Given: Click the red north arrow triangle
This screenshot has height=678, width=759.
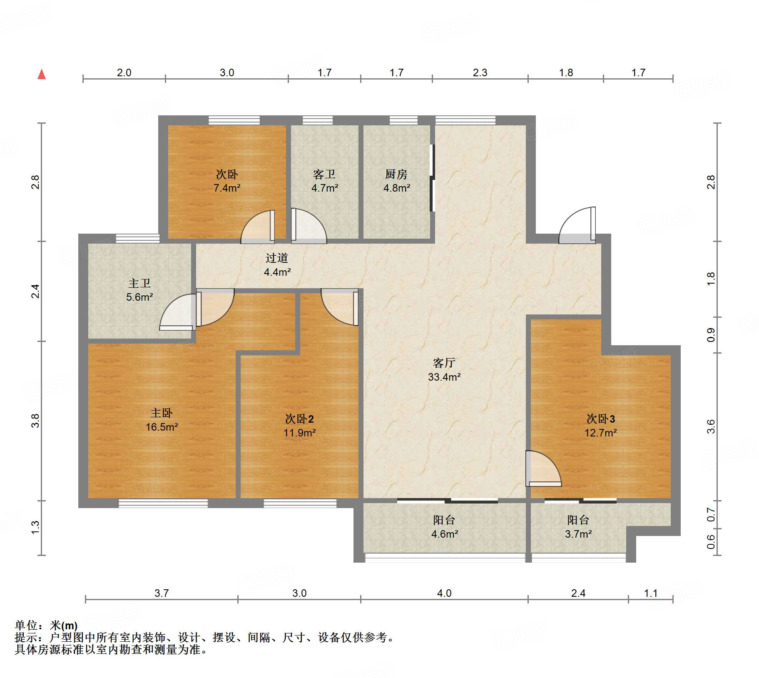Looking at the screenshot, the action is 42,74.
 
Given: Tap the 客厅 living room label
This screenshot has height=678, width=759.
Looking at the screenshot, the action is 444,363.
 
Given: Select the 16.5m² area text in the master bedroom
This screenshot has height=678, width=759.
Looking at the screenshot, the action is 162,427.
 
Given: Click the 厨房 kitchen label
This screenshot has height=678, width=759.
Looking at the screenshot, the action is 396,174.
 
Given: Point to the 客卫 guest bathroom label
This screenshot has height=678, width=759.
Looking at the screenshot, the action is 324,174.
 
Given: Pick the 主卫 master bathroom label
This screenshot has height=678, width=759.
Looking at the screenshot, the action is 139,283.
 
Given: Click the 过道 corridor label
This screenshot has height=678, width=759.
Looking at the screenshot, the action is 277,258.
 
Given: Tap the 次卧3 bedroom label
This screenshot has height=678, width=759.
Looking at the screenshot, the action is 601,419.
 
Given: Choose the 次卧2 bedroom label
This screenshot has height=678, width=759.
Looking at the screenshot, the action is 299,419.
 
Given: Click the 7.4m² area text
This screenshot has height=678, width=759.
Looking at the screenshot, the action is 227,188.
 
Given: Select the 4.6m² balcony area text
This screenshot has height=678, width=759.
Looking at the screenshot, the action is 445,534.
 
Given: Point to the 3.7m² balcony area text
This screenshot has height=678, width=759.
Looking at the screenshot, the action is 578,534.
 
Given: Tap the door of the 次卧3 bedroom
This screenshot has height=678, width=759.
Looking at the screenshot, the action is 543,469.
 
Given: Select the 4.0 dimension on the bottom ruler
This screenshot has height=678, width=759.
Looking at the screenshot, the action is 444,593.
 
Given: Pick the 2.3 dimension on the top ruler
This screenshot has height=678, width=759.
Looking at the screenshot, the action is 480,72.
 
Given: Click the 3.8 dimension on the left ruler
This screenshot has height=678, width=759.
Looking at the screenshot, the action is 35,420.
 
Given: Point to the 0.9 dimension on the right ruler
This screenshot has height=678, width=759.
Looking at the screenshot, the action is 711,335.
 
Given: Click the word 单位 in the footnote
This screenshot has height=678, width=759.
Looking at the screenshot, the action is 26,625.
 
